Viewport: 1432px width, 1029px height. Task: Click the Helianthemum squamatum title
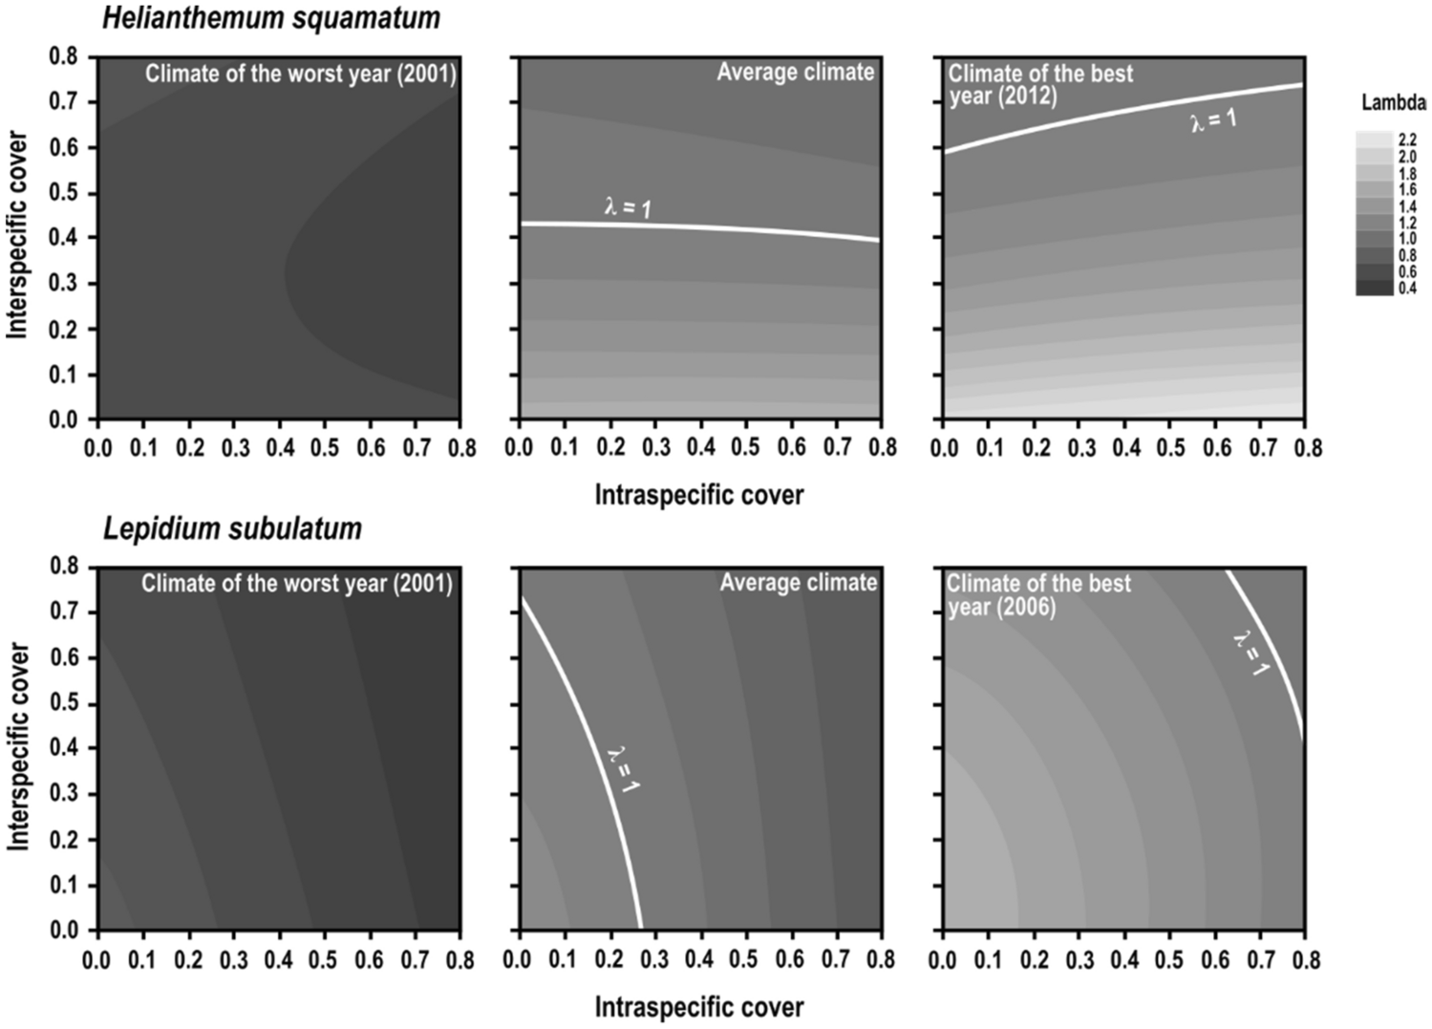tap(271, 17)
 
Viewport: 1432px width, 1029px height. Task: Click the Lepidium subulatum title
tap(232, 528)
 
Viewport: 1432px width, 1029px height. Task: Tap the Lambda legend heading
tap(1393, 103)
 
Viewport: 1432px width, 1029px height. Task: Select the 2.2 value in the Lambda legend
tap(1407, 139)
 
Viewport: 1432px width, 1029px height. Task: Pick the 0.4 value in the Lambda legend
tap(1407, 289)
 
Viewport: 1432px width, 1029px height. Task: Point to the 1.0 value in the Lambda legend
tap(1407, 239)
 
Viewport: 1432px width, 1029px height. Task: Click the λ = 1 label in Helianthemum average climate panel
tap(629, 206)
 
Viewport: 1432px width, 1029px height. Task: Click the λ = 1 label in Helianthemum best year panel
tap(1213, 121)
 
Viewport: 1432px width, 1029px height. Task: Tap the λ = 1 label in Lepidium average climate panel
tap(624, 769)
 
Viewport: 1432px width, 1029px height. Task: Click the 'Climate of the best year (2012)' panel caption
tap(1039, 85)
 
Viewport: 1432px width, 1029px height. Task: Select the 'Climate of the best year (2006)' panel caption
tap(1037, 595)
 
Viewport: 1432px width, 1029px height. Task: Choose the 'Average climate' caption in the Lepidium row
tap(798, 583)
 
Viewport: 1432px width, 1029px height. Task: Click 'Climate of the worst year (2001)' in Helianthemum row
tap(301, 74)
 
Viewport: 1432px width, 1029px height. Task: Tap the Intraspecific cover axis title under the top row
tap(699, 495)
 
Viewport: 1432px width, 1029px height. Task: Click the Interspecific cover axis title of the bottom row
tap(18, 745)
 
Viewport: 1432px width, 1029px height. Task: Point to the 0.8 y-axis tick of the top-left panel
tap(63, 56)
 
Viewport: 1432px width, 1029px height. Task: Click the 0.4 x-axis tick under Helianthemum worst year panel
tap(281, 447)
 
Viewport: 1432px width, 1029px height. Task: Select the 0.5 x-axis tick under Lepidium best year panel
tap(1169, 958)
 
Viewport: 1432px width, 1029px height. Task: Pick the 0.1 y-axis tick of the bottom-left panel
tap(63, 885)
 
